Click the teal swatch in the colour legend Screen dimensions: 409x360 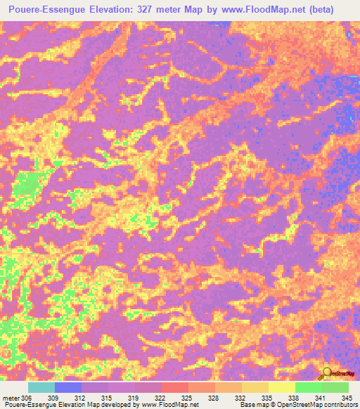click(41, 387)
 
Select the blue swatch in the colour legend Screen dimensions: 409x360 click(68, 387)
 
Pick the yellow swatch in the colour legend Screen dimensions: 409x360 click(281, 387)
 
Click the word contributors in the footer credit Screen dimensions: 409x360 click(340, 405)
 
